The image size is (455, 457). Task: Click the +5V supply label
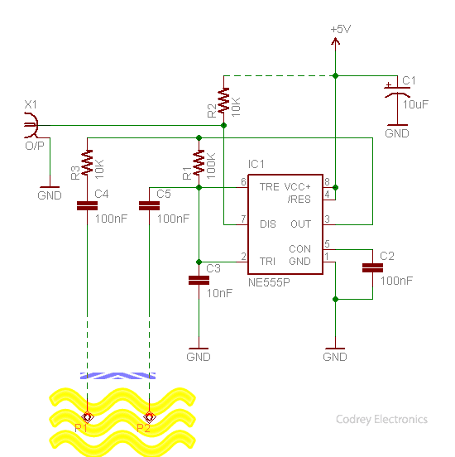coord(341,30)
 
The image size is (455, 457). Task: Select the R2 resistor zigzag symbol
coord(223,100)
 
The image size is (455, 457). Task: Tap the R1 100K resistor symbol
coord(199,162)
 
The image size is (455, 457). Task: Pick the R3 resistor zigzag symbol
coord(87,162)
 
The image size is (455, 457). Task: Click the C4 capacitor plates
coord(87,206)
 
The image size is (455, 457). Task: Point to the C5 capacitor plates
coord(149,206)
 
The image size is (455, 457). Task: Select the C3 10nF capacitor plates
coord(199,281)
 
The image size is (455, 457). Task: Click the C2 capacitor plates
coord(372,268)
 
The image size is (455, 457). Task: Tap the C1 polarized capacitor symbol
coord(397,90)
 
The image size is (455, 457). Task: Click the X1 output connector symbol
coord(31,125)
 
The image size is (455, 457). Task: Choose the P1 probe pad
coord(87,417)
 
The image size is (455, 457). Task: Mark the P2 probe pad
coord(149,417)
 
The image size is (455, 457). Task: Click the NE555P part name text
coord(269,282)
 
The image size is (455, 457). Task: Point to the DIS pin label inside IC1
coord(268,224)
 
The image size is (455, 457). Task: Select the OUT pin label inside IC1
coord(300,224)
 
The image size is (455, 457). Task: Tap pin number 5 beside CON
coord(327,243)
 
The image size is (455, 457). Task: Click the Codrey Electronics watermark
coord(381,420)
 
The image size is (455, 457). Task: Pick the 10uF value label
coord(415,104)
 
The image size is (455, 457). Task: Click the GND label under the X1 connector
coord(50,195)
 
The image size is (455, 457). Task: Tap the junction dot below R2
coord(223,125)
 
